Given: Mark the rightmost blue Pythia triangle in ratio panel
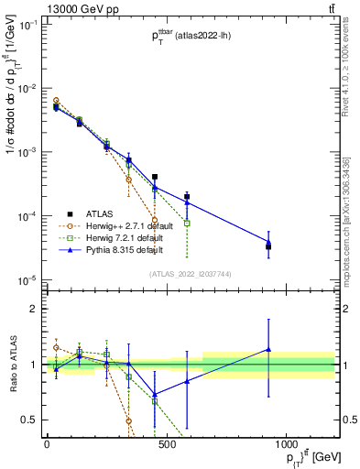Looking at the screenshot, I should point(268,349).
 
